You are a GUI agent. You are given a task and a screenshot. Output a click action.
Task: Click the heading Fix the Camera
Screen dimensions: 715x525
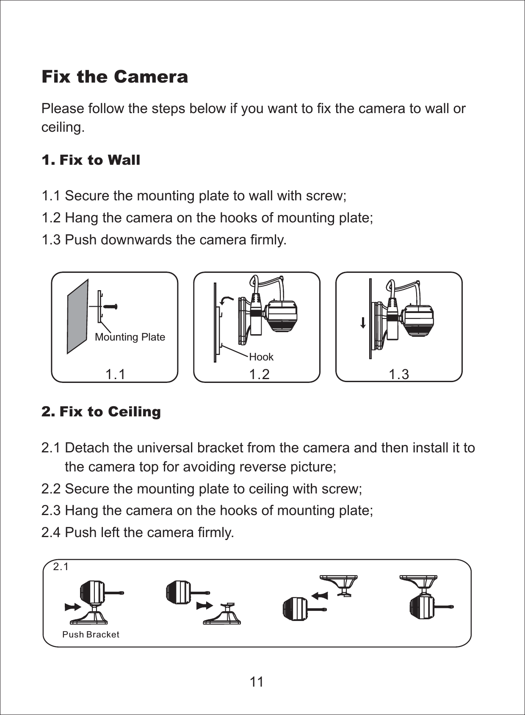114,77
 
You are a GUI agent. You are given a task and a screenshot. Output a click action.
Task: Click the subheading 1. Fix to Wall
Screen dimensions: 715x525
91,160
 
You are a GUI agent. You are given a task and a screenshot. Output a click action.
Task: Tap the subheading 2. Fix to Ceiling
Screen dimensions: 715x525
101,411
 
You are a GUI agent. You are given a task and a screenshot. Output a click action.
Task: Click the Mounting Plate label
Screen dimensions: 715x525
130,337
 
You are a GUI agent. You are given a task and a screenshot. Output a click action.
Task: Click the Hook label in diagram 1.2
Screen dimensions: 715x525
261,357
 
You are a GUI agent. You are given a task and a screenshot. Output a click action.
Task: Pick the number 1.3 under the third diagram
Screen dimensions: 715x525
398,374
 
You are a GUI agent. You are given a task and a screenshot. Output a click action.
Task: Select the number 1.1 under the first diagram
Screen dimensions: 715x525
115,374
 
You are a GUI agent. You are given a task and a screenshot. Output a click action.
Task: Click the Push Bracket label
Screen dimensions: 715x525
91,635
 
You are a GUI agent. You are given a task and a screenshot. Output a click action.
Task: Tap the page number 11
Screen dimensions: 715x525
257,682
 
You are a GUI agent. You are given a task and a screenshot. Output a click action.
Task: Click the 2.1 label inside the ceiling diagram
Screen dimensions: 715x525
61,567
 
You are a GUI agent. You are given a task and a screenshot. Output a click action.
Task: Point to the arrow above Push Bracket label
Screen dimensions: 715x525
73,607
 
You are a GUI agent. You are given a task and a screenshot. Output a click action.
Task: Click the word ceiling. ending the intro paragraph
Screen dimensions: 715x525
63,127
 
